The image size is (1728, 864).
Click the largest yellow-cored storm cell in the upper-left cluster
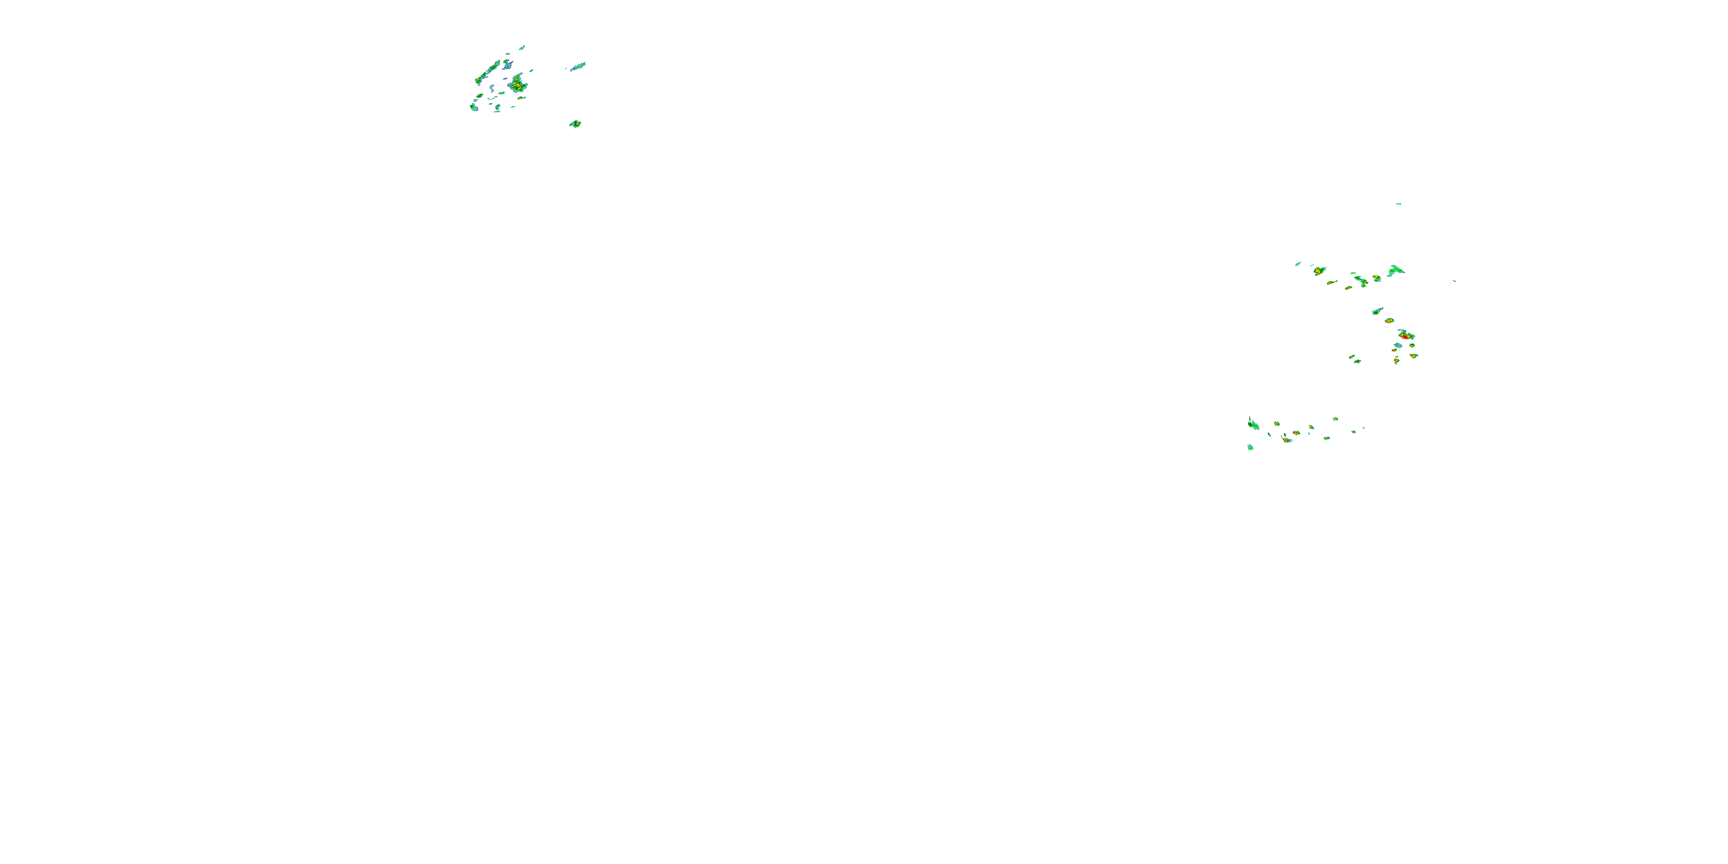coord(517,85)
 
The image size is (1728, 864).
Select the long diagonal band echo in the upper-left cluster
coord(488,73)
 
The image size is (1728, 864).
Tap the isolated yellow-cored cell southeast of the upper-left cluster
coord(575,124)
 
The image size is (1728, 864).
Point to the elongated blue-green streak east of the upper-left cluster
coord(578,66)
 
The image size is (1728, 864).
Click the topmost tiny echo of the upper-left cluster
coord(522,47)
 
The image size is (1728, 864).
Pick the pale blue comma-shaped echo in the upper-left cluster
coord(507,65)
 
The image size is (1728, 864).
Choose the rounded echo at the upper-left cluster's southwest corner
coord(473,107)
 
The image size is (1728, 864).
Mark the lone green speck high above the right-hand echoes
coord(1399,204)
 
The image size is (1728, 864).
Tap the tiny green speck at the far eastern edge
coord(1454,281)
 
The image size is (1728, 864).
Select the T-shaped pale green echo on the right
coord(1396,270)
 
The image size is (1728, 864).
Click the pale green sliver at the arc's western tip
coord(1298,264)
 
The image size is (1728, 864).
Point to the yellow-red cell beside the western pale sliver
coord(1319,271)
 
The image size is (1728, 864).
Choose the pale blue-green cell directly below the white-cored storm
coord(1397,346)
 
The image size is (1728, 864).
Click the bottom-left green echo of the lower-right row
coord(1250,447)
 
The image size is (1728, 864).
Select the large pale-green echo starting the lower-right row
coord(1253,424)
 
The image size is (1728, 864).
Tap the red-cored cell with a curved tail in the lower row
coord(1287,439)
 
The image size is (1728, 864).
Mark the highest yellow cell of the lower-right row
coord(1336,419)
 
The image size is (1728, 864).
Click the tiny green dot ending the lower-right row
coord(1363,428)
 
